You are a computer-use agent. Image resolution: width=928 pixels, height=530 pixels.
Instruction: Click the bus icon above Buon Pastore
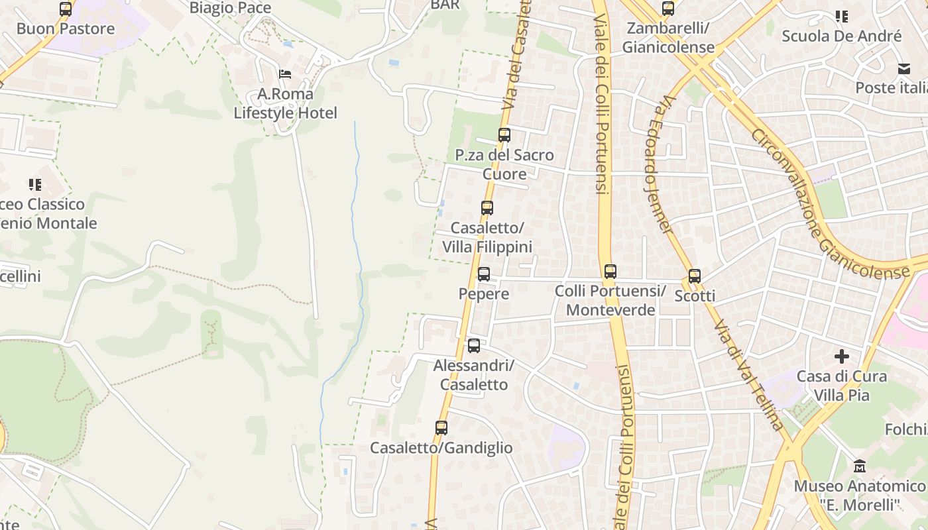66,9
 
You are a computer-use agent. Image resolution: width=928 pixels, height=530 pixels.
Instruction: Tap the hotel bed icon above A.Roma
285,74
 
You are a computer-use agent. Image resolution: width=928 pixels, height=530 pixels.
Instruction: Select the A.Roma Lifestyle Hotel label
285,103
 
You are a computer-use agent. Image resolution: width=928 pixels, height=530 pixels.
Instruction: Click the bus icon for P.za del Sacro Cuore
504,135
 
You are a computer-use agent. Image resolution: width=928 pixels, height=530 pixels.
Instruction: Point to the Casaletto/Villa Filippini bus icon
487,207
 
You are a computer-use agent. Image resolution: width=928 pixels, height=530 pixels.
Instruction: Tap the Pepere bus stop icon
484,274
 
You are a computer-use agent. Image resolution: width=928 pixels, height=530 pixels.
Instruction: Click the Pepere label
484,293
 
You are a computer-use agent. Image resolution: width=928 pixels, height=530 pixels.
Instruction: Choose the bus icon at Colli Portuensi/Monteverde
610,271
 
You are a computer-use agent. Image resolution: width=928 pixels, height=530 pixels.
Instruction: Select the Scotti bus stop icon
695,276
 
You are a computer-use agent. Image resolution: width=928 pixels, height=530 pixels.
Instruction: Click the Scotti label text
695,296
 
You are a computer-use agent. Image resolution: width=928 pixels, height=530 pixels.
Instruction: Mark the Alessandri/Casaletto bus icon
474,345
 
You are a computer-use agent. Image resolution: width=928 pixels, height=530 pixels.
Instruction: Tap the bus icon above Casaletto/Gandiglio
441,428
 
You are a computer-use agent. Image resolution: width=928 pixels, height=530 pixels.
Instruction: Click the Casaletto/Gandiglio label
441,448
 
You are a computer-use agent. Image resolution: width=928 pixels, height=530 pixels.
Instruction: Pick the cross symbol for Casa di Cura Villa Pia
842,356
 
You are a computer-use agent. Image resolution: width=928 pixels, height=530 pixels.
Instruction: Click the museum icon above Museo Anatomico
860,466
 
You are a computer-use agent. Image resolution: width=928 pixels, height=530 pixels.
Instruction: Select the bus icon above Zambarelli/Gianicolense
668,9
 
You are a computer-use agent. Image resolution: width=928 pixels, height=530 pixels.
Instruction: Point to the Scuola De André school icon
842,17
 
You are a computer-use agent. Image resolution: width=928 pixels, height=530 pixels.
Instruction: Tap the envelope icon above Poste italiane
904,69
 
